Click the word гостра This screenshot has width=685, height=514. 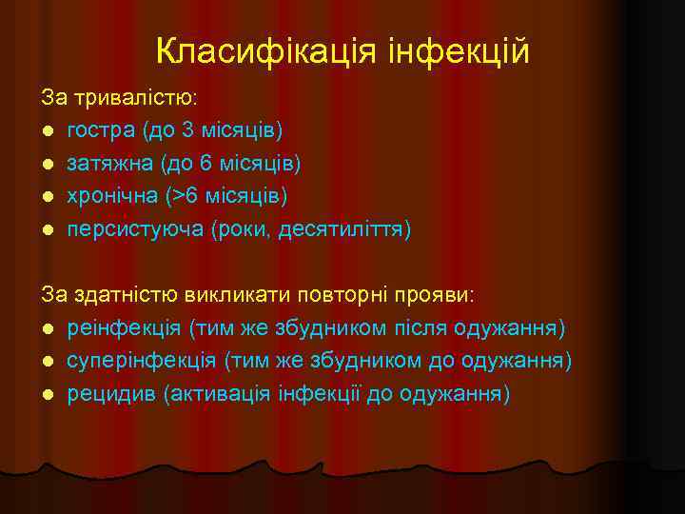(x=98, y=130)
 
